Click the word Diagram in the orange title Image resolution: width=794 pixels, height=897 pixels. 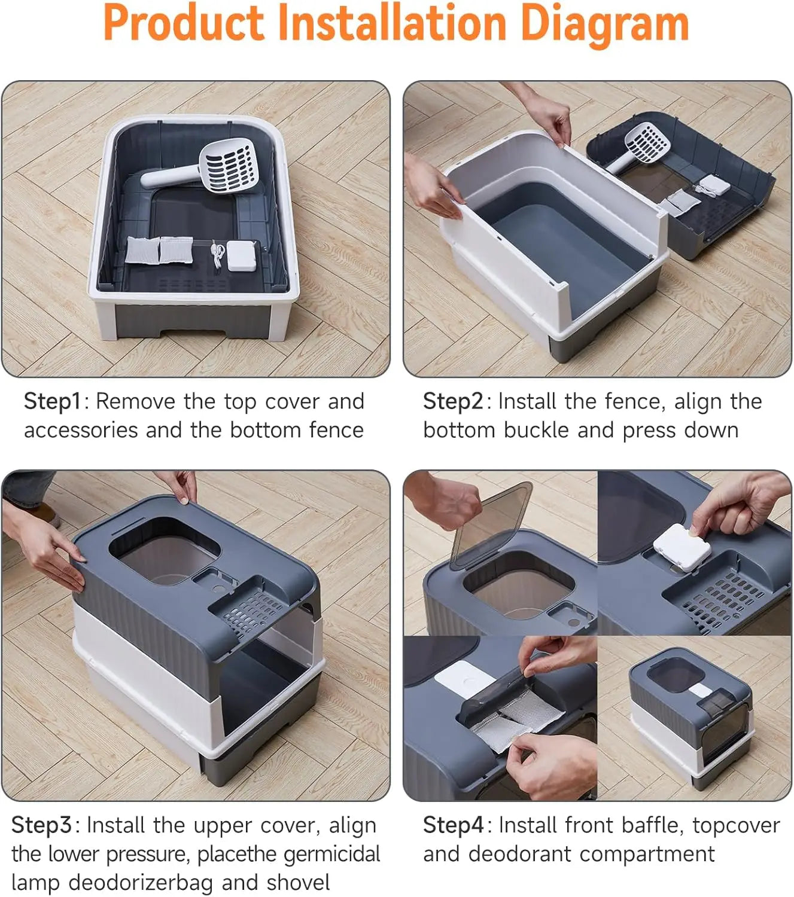click(x=604, y=24)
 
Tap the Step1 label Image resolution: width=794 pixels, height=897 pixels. click(x=51, y=401)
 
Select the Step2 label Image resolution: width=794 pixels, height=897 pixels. click(x=452, y=401)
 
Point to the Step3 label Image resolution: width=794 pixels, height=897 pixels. click(x=41, y=825)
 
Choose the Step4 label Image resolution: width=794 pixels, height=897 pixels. click(x=453, y=825)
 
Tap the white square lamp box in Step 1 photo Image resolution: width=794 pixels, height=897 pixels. click(x=242, y=255)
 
